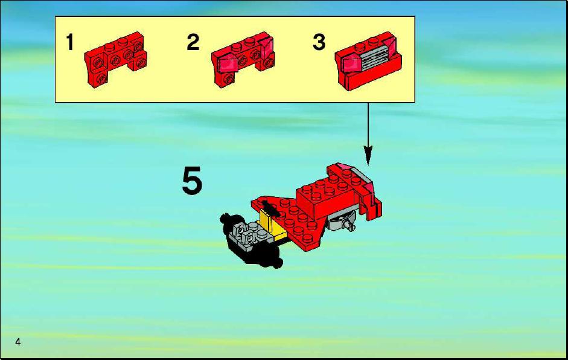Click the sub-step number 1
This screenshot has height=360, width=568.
tap(70, 42)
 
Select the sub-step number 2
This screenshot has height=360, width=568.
tap(193, 42)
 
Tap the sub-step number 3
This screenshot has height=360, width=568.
tap(319, 42)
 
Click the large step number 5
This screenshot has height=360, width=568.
tap(192, 181)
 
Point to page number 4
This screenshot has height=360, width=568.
tap(18, 342)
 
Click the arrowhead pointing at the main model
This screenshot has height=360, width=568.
tap(368, 155)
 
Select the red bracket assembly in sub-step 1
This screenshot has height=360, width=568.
tap(115, 59)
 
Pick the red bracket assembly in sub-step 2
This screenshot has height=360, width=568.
tap(243, 59)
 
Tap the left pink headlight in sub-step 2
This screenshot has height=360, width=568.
tap(227, 64)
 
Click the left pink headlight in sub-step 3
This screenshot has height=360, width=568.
tap(351, 64)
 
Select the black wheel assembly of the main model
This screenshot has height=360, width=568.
tap(249, 240)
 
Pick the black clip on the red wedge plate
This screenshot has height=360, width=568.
tap(269, 210)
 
